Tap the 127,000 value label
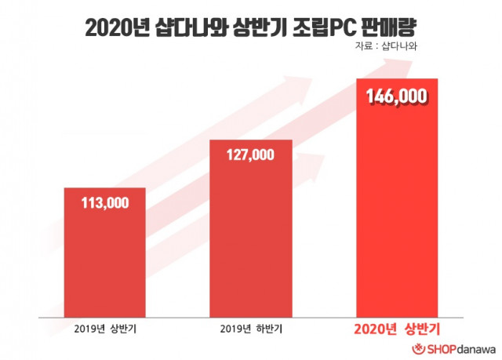pyautogui.click(x=251, y=155)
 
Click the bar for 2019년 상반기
pyautogui.click(x=104, y=259)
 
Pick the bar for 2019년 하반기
pyautogui.click(x=251, y=235)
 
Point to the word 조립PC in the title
pyautogui.click(x=320, y=27)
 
